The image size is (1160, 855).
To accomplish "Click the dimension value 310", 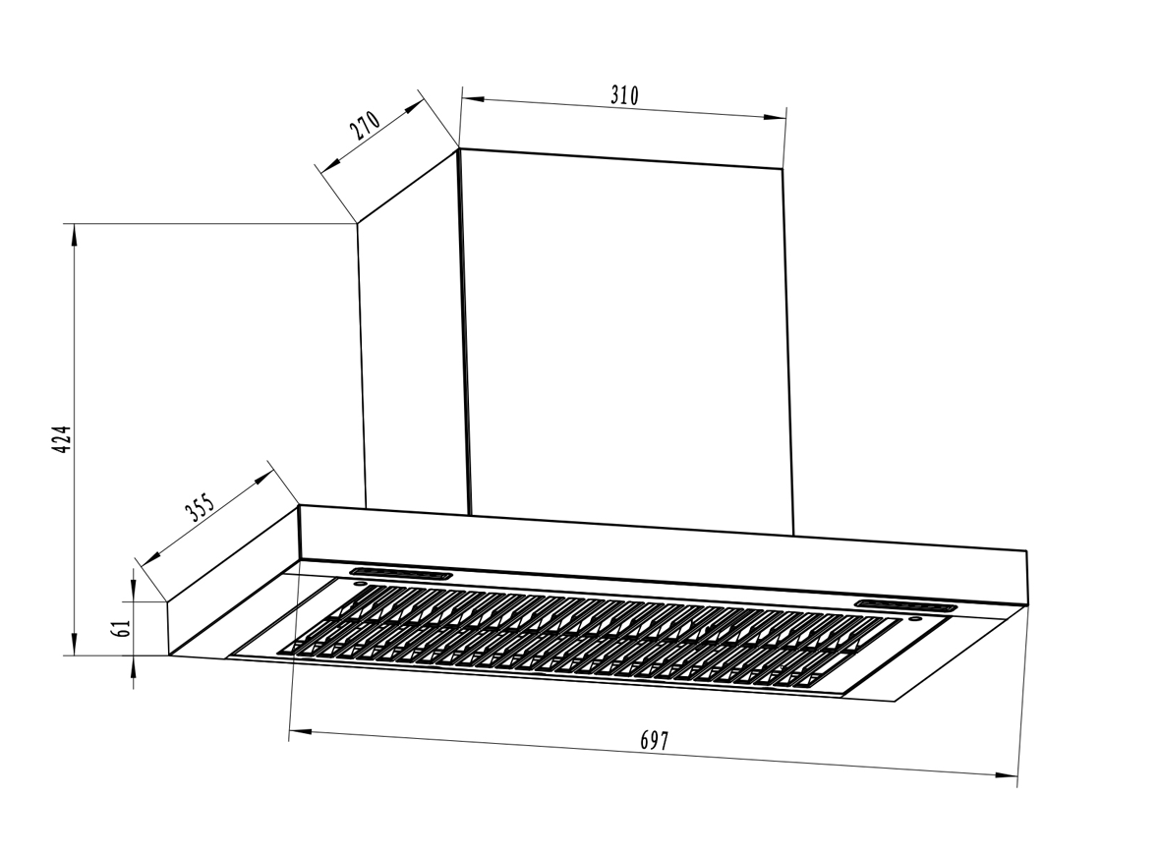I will click(x=624, y=95).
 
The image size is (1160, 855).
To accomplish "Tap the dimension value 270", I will click(x=363, y=129).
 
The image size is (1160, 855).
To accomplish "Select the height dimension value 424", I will click(x=60, y=439).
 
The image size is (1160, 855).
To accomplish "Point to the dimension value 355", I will click(x=199, y=511).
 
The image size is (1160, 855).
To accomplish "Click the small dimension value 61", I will click(x=123, y=628).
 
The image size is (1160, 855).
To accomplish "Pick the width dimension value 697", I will click(x=654, y=741).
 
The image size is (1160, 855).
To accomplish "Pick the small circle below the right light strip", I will click(x=914, y=619).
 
